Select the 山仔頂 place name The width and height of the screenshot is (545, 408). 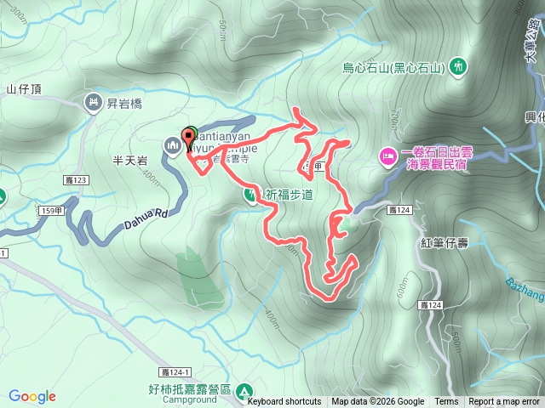23,88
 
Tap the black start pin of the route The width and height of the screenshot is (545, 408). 188,139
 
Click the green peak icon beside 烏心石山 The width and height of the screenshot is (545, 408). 460,65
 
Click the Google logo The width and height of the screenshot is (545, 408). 32,396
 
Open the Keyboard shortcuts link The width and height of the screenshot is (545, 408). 284,402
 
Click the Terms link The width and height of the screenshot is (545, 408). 446,402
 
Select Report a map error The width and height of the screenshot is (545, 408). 504,402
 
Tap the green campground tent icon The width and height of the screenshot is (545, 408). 244,391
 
